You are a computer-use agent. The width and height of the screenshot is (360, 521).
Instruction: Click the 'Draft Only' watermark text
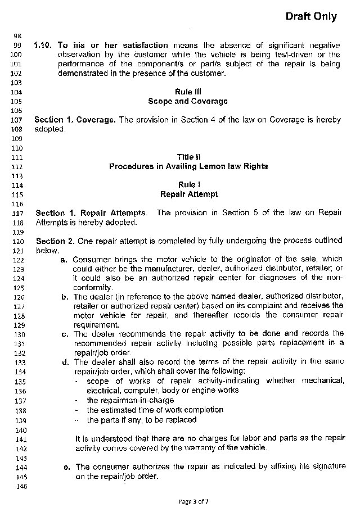tap(311, 16)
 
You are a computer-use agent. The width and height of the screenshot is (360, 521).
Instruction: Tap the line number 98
tap(16, 36)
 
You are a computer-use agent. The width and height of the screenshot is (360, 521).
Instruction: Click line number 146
tap(15, 486)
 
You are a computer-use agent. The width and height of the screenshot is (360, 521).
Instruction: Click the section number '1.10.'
tap(43, 45)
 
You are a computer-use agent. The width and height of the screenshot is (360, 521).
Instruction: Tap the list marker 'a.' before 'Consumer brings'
tap(64, 260)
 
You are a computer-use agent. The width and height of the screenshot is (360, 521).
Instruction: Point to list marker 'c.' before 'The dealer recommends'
tap(65, 334)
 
